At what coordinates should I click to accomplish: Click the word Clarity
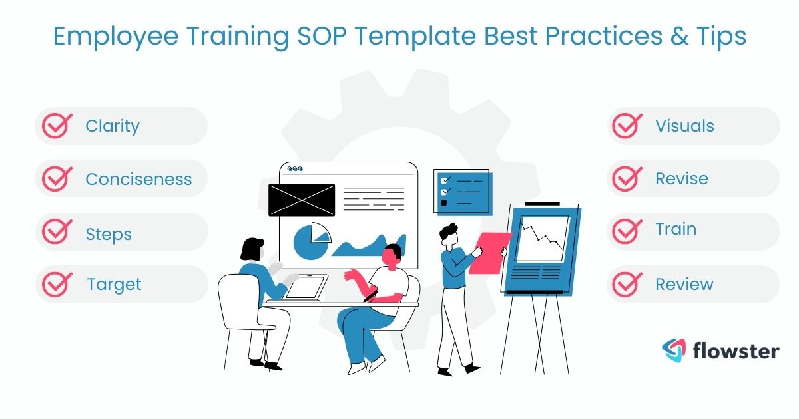coord(113,126)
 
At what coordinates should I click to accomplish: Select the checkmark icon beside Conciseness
coord(57,179)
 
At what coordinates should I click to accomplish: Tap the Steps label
coord(109,234)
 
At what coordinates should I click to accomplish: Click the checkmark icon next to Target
coord(57,284)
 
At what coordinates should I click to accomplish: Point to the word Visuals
coord(684,126)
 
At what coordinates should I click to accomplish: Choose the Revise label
coord(681,179)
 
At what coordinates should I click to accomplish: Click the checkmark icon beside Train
coord(627,231)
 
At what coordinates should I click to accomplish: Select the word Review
coord(684,284)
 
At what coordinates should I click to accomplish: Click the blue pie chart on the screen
coord(310,242)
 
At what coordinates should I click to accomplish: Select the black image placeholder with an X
coord(301,200)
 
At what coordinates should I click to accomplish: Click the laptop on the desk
coord(306,288)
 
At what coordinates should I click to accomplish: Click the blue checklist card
coord(463,192)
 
